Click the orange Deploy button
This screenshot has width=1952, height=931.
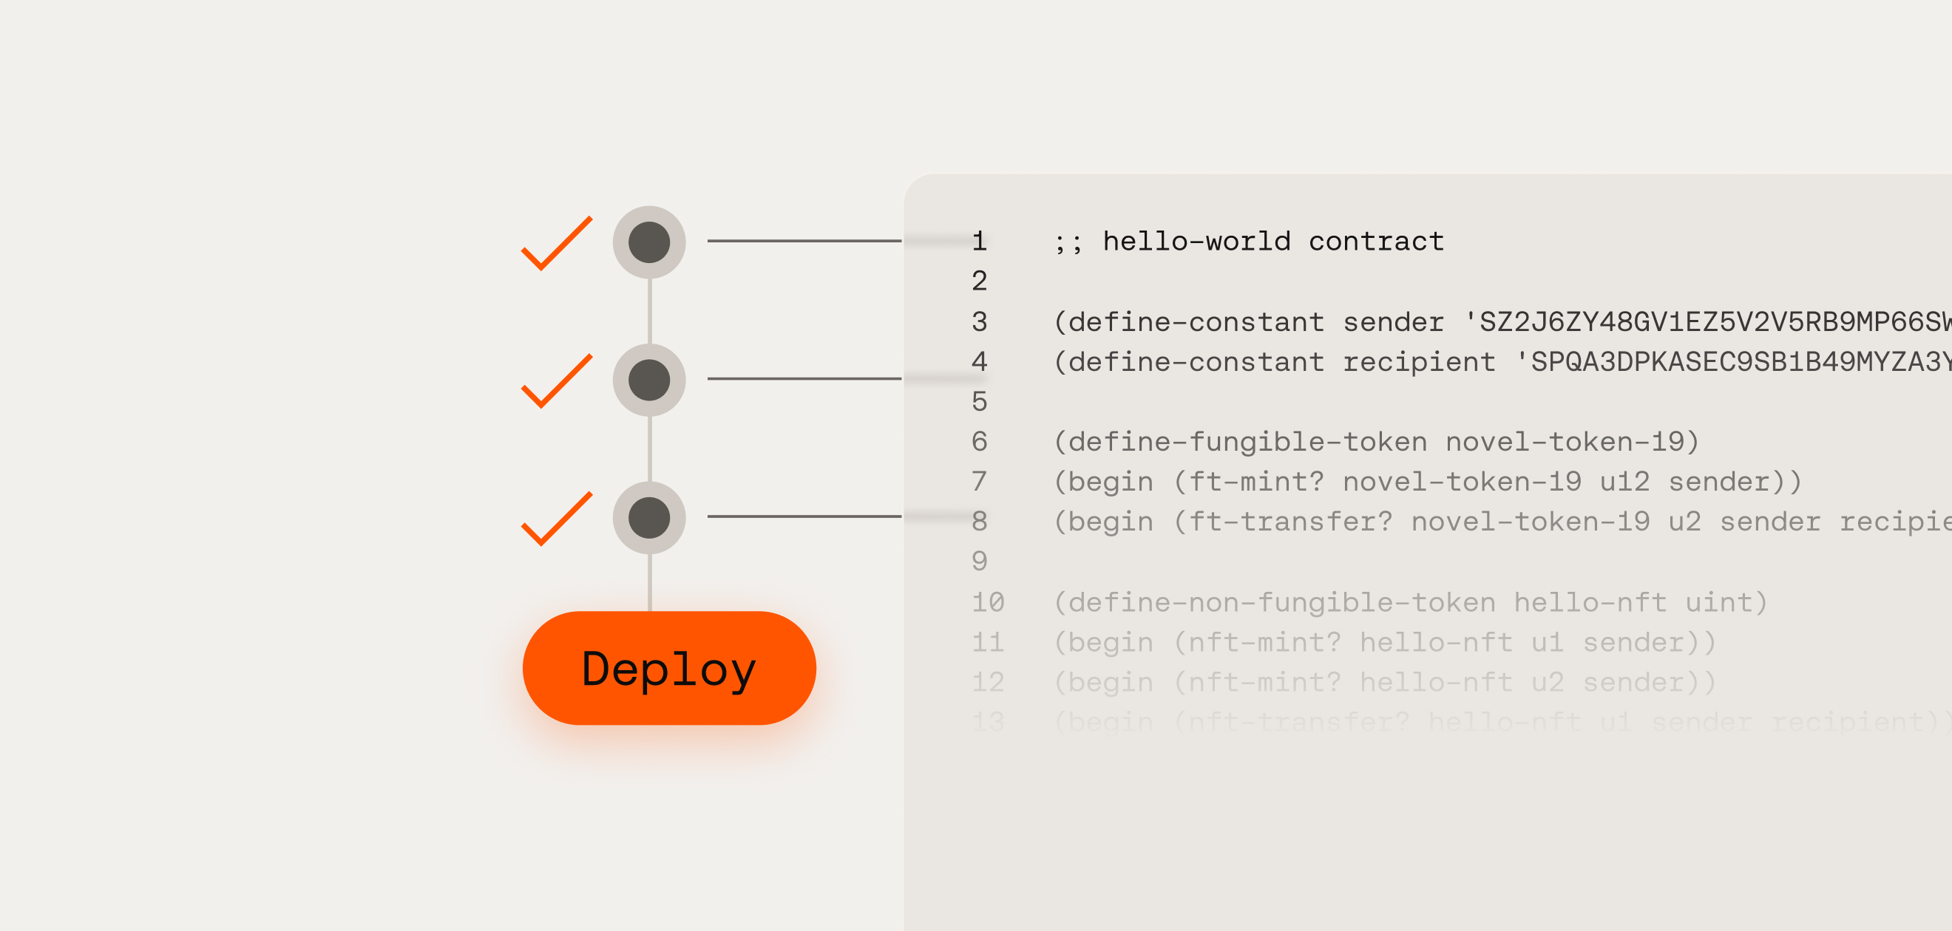(669, 668)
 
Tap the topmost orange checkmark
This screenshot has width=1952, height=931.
(557, 244)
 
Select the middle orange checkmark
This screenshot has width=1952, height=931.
(557, 381)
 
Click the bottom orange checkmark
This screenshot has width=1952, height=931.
(557, 519)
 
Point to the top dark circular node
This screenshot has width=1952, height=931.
(649, 242)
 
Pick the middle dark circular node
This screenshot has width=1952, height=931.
(649, 381)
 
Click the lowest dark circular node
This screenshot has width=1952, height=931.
(649, 518)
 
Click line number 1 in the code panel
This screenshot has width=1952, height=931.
(979, 242)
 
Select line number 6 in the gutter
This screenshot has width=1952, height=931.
(979, 442)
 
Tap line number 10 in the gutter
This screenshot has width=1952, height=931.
(988, 603)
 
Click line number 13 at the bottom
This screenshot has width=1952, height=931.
(988, 722)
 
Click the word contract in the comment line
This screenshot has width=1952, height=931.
(1376, 242)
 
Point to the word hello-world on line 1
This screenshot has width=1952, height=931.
(1196, 242)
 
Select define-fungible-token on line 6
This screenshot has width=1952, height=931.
(1248, 442)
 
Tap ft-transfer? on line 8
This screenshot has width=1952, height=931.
(1290, 522)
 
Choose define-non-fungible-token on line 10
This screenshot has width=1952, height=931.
(1282, 603)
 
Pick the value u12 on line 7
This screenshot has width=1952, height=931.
(1624, 482)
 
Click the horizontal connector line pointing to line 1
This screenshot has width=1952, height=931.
(804, 241)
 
